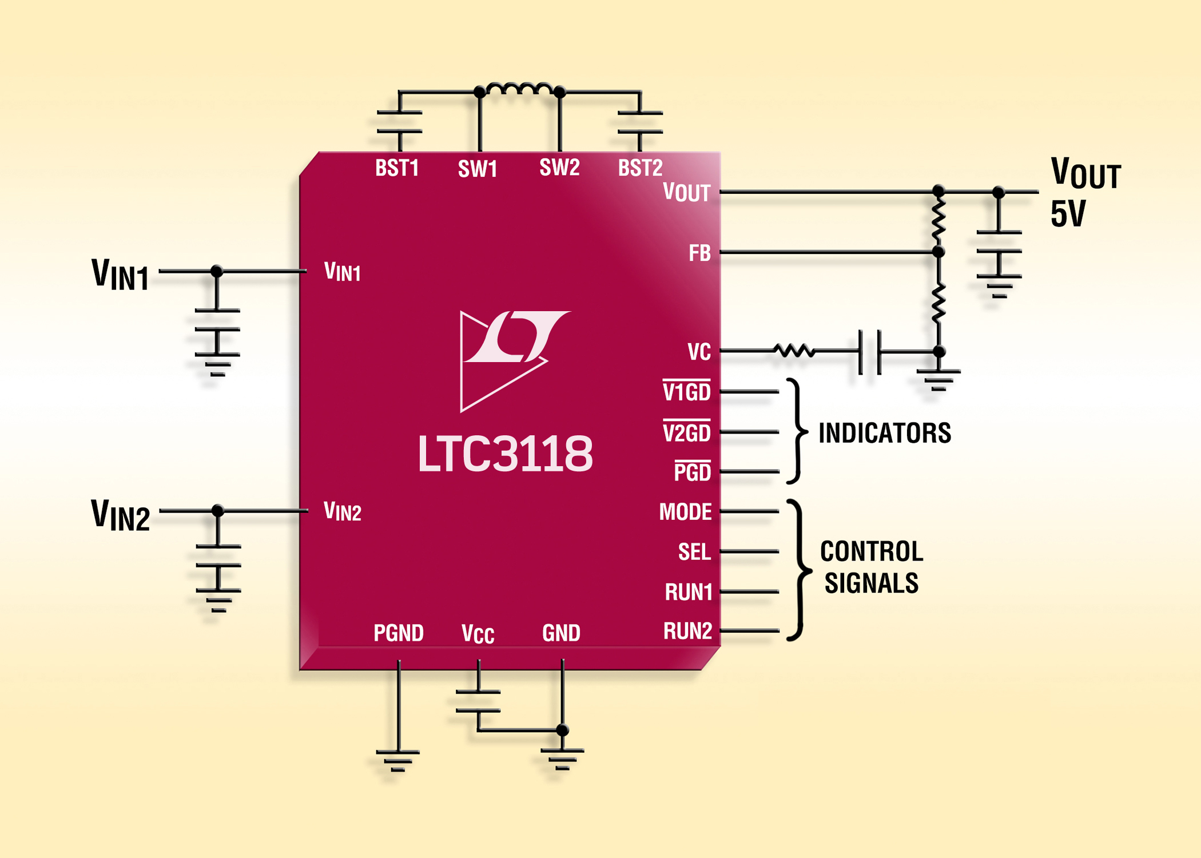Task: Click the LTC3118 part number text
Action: point(505,454)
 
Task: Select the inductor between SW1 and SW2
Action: point(519,89)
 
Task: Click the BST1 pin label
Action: point(397,168)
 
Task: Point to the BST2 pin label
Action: point(640,168)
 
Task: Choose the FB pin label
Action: point(699,253)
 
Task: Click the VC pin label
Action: point(699,352)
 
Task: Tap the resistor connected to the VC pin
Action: point(794,351)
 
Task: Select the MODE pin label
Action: point(685,512)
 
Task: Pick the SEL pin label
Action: point(694,552)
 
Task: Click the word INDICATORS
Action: point(885,433)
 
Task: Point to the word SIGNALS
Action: point(871,583)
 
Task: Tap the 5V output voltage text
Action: point(1067,214)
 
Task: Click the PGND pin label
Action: point(398,633)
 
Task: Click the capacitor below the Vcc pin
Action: point(478,701)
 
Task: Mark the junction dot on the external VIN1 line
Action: point(217,271)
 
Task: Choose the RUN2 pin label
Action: point(687,631)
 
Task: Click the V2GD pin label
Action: point(686,433)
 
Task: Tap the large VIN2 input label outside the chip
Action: point(121,515)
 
